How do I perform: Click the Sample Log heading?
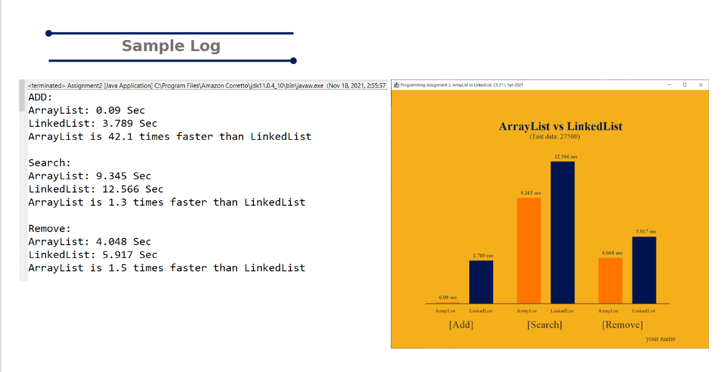click(171, 46)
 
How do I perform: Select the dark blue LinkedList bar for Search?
click(563, 232)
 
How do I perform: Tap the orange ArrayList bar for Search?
click(529, 251)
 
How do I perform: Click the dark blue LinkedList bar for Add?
click(481, 282)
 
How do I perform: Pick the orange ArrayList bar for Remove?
click(610, 280)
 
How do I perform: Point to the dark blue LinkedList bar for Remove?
click(644, 270)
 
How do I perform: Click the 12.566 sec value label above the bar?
click(566, 156)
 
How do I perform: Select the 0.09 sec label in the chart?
click(448, 297)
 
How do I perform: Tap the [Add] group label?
click(461, 325)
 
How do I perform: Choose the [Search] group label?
click(545, 325)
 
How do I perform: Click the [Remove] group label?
click(623, 325)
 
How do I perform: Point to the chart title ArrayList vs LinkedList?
click(560, 126)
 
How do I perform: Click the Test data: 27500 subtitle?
click(554, 136)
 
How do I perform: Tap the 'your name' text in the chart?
click(660, 339)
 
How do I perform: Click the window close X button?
click(700, 85)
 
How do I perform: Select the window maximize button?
click(685, 85)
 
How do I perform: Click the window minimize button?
click(669, 85)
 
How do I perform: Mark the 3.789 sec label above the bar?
click(483, 256)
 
